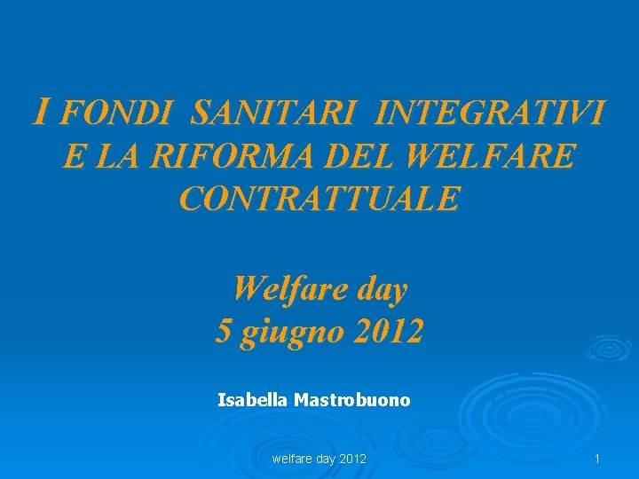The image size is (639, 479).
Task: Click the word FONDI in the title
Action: (118, 114)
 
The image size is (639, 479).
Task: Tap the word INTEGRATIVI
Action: (491, 114)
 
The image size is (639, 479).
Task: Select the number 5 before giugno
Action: (224, 332)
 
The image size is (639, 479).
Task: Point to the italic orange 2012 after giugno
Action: (388, 332)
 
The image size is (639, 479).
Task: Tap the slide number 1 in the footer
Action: (597, 459)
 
